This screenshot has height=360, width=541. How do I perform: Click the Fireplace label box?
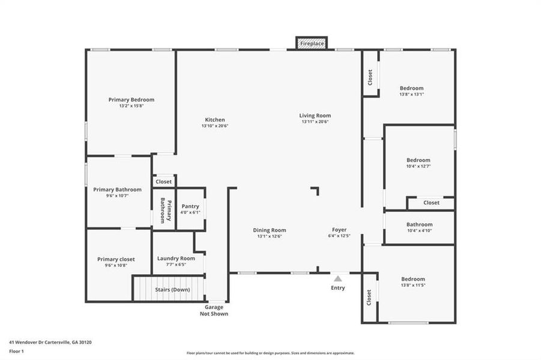(312, 44)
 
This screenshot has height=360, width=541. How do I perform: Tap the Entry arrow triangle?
(338, 278)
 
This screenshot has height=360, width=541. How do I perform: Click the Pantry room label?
(190, 206)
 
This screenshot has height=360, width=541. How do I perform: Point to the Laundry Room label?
(176, 259)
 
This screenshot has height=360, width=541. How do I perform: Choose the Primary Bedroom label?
(131, 100)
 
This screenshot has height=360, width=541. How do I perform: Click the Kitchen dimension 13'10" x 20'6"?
(215, 126)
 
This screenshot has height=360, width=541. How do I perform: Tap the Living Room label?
(315, 116)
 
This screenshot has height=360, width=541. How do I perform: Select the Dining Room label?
(269, 230)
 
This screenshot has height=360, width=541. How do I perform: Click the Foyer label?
(339, 230)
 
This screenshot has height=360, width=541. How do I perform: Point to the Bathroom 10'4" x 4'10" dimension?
(419, 230)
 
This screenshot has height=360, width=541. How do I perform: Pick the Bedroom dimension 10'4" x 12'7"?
(419, 166)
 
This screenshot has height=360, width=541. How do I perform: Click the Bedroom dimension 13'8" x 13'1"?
(412, 94)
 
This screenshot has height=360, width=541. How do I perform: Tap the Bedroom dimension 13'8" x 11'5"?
(413, 285)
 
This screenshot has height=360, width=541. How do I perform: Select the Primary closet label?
(116, 259)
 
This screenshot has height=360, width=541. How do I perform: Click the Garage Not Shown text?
(215, 310)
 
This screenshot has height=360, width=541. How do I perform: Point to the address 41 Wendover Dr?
(50, 342)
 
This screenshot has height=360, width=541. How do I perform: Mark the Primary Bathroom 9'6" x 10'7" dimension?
(117, 196)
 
